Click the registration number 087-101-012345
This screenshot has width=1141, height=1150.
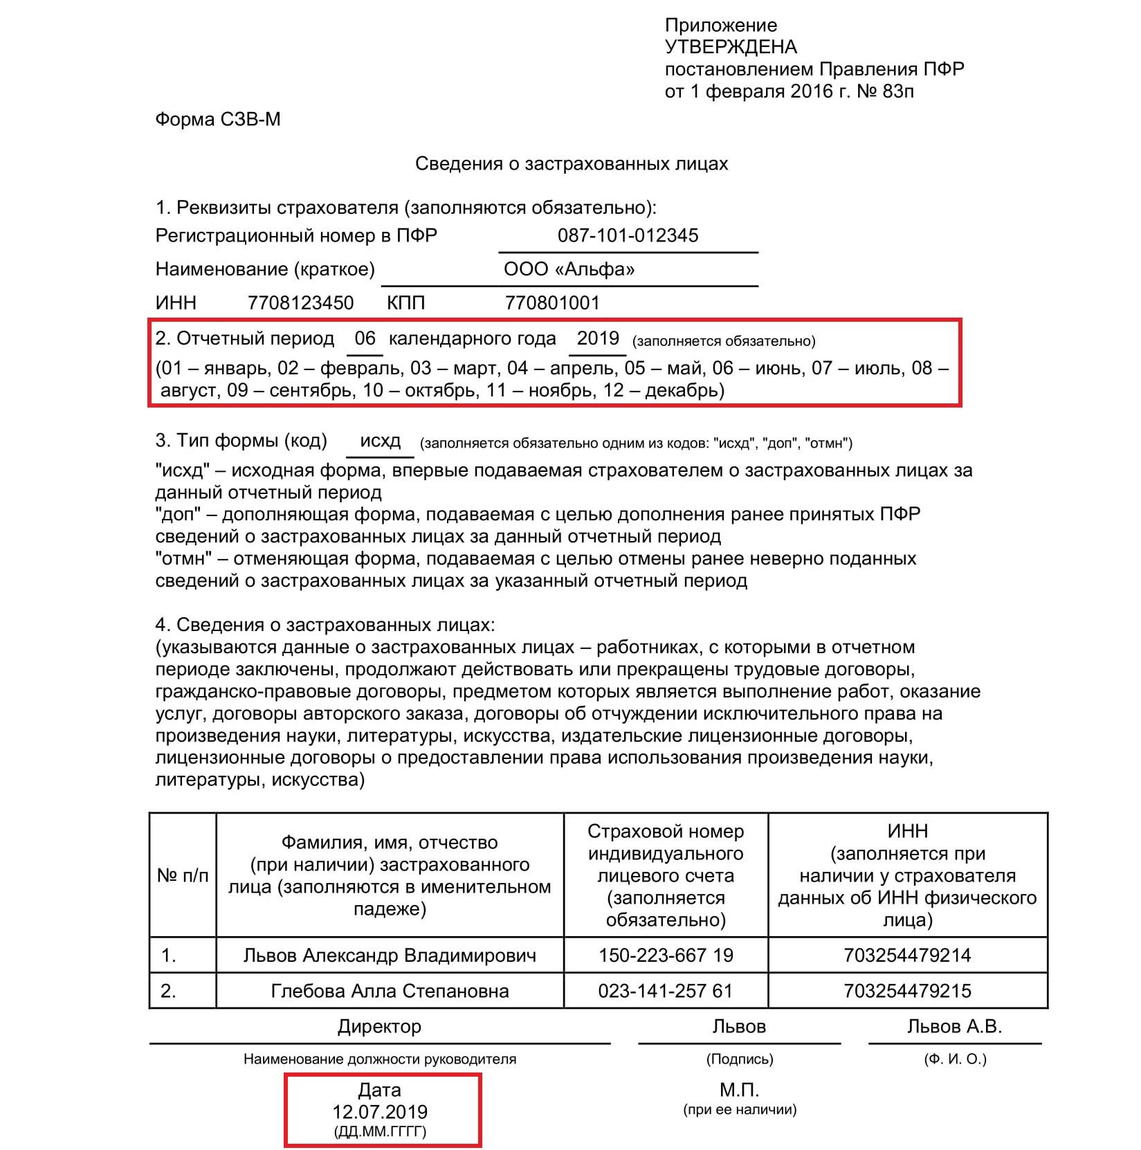tap(628, 235)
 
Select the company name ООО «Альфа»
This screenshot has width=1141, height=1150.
tap(569, 269)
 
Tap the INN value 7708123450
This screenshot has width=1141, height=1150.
tap(300, 303)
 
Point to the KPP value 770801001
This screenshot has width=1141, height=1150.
tap(552, 303)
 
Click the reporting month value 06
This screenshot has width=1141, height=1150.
tap(365, 338)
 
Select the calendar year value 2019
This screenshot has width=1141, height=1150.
tap(598, 338)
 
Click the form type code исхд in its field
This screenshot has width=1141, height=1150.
tap(380, 441)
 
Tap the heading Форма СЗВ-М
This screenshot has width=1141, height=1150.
tap(218, 120)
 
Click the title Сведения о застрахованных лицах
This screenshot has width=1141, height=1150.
tap(572, 164)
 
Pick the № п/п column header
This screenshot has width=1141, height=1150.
tap(183, 875)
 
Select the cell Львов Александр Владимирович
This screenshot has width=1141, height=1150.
tap(390, 956)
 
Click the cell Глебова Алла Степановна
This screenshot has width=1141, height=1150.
tap(390, 991)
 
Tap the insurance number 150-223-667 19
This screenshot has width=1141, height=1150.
tap(666, 956)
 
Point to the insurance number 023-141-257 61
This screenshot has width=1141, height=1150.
tap(665, 991)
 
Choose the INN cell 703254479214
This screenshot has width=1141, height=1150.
tap(907, 956)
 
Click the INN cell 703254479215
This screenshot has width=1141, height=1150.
tap(907, 991)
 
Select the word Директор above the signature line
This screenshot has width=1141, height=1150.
tap(379, 1026)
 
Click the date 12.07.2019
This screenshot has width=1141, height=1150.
tap(380, 1112)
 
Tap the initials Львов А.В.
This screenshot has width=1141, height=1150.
tap(954, 1026)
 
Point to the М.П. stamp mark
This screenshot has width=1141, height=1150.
tap(739, 1090)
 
